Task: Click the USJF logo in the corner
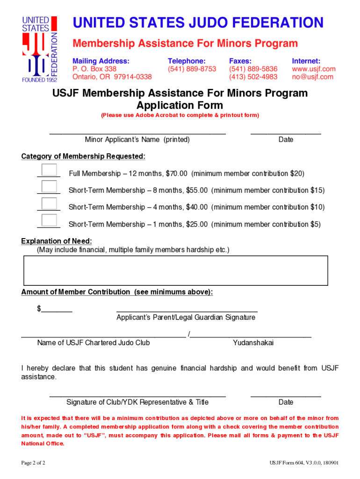(40, 49)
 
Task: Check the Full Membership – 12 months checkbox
(49, 170)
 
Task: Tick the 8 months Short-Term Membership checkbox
(49, 187)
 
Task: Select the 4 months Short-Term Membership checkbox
(49, 203)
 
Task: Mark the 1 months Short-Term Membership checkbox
(49, 220)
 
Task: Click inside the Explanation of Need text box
(175, 270)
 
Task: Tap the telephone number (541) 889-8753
(192, 69)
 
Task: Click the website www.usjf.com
(313, 69)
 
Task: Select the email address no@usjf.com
(312, 77)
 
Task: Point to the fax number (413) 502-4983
(253, 77)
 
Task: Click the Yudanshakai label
(253, 343)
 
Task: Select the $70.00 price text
(176, 174)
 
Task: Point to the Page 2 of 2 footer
(33, 463)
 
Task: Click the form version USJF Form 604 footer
(304, 463)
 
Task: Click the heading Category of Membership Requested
(83, 156)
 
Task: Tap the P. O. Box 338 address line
(94, 69)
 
